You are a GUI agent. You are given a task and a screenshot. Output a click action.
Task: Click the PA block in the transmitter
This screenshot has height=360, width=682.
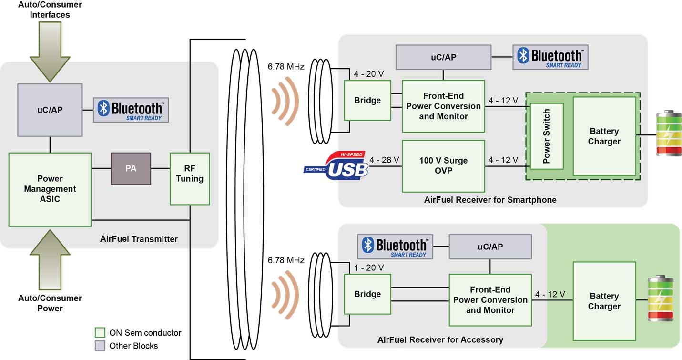point(131,169)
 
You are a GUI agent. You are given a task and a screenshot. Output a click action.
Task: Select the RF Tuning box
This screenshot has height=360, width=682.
point(190,179)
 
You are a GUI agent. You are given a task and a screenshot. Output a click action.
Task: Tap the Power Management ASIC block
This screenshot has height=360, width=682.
point(50,189)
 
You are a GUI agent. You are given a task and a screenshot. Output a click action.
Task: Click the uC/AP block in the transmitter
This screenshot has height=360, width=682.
point(50,110)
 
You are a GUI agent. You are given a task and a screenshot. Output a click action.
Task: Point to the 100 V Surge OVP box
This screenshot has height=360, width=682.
point(443,166)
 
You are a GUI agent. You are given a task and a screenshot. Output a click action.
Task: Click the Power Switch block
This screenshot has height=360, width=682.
point(547,136)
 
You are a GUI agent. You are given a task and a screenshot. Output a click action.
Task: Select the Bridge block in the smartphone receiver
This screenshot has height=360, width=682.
point(367,101)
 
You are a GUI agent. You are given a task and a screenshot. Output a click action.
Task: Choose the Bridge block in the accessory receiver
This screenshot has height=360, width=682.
point(367,294)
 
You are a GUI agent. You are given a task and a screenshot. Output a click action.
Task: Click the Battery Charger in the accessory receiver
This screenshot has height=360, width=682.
point(604,301)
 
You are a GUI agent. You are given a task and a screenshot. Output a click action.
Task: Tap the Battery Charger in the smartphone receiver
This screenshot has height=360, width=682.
point(604,136)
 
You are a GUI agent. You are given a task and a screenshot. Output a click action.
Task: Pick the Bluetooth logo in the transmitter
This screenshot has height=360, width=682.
point(131,110)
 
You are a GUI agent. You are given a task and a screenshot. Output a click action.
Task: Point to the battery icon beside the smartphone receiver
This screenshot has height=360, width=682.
point(669,134)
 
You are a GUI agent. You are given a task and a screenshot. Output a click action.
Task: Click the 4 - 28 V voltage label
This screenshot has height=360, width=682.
point(384,160)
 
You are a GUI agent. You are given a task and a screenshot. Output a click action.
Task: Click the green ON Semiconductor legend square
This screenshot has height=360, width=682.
point(100,332)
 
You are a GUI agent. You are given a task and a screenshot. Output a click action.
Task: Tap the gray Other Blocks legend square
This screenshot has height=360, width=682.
point(100,346)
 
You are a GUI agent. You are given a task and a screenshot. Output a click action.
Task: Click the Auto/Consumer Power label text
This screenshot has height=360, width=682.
point(50,303)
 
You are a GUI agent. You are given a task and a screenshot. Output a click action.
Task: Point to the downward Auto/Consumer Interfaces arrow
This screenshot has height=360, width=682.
point(50,52)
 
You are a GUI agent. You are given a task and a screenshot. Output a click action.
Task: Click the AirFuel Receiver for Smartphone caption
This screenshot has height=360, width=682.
point(490,200)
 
